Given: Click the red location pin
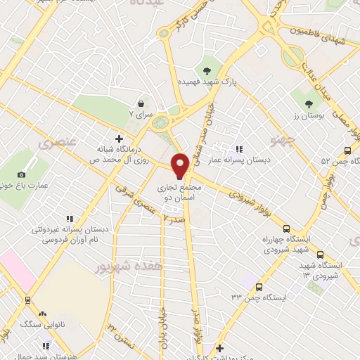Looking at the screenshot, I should click(181, 166).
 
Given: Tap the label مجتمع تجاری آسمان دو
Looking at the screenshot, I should click(181, 193).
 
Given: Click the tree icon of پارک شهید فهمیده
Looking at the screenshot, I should click(207, 70).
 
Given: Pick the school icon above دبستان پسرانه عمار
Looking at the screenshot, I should click(240, 149).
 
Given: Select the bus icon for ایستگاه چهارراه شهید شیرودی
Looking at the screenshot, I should click(285, 229).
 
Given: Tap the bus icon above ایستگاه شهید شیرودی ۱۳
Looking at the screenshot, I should click(321, 255).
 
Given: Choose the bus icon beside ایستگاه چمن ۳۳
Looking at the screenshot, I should click(259, 287).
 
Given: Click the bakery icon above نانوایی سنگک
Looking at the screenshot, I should click(42, 314).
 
